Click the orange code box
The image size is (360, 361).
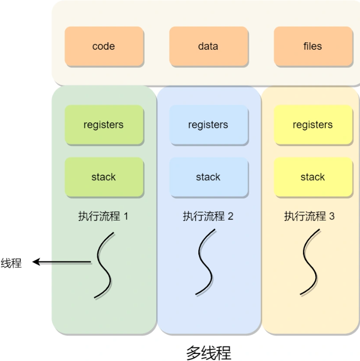point(104,46)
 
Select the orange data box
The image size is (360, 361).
point(208,46)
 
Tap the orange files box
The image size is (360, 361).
point(313,46)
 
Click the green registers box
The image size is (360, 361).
point(104,125)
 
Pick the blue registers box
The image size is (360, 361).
point(208,125)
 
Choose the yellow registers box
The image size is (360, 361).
point(313,125)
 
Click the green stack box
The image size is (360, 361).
point(104,177)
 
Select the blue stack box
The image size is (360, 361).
point(208,177)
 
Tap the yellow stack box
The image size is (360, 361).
point(313,177)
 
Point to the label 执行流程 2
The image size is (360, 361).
point(208,216)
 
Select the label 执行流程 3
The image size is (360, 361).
point(309,216)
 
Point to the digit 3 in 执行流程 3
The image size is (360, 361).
point(331,216)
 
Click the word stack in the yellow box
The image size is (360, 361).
point(313,177)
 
